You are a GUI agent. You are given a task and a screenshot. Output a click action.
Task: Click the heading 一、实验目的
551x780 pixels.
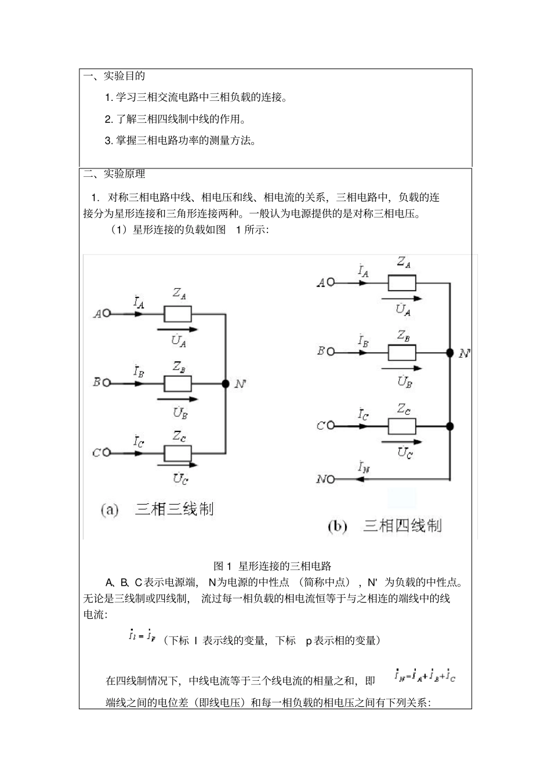pos(114,76)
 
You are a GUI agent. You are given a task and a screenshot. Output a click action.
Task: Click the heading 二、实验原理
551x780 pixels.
pos(114,174)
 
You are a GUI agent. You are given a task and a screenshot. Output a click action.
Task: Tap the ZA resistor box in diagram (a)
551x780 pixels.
pos(178,314)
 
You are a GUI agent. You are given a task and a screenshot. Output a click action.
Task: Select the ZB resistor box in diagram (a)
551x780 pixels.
pos(178,384)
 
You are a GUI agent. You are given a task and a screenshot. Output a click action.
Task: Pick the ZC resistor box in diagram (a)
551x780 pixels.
pos(178,452)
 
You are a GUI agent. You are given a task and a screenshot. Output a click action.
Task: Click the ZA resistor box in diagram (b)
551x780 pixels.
pos(402,282)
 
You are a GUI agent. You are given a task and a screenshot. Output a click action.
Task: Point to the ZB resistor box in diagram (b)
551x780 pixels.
pos(402,352)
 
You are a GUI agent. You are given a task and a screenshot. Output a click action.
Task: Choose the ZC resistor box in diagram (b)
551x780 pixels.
pos(402,426)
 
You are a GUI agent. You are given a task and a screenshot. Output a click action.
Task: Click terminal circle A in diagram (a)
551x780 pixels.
pos(106,314)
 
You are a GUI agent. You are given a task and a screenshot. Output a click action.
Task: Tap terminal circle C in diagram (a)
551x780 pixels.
pos(106,452)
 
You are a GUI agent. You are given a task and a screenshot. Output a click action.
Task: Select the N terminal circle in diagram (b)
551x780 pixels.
pos(331,480)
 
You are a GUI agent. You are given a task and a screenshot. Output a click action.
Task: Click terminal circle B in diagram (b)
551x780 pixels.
pos(331,351)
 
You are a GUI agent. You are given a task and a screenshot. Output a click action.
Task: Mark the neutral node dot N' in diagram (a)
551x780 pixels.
pos(225,384)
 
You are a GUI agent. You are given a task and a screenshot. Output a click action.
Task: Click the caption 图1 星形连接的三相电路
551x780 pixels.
pos(273,566)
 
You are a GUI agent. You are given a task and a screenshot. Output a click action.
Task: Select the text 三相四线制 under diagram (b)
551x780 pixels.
pos(402,526)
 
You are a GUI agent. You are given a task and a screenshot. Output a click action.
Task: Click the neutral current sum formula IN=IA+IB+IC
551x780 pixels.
pos(425,676)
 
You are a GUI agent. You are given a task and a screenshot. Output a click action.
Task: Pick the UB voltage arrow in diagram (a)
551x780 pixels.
pos(177,399)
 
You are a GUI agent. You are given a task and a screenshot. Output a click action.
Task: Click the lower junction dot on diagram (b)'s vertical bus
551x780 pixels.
pos(449,426)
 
